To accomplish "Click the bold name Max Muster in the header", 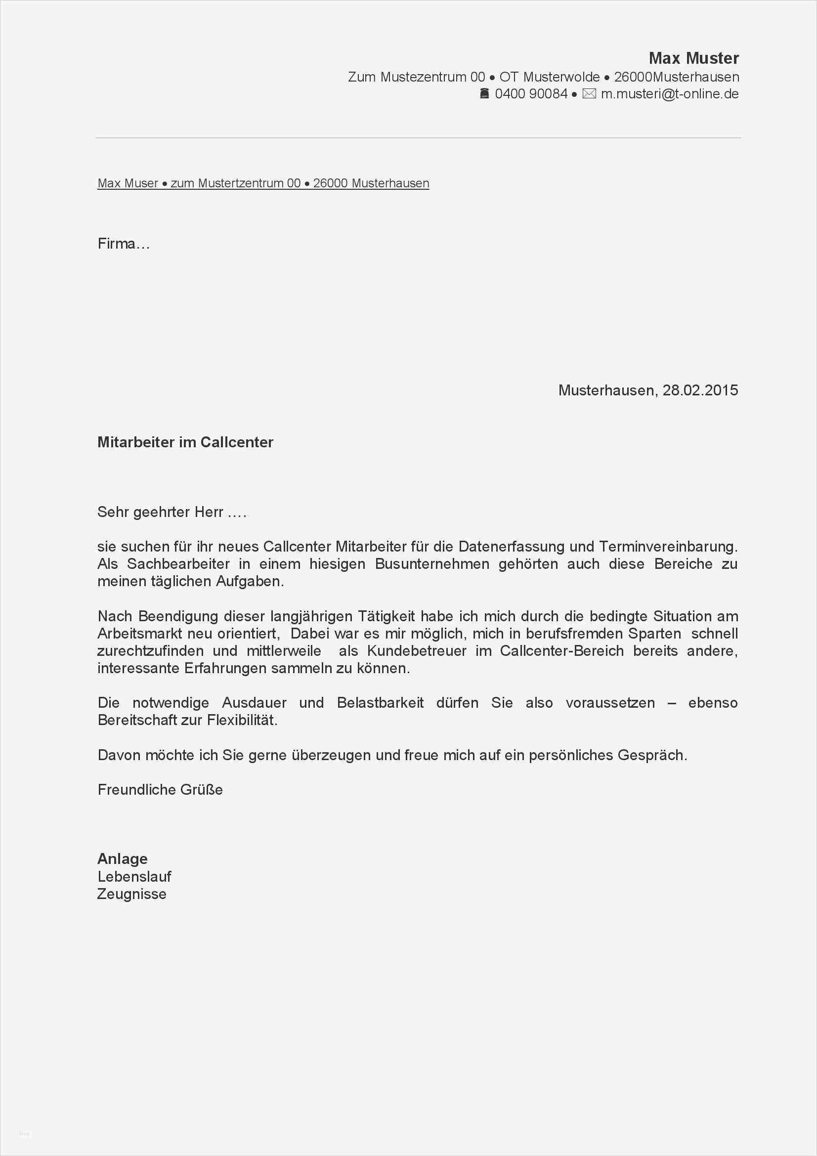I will pos(693,58).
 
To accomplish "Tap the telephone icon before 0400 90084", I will pos(484,93).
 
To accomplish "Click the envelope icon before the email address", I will pos(589,93).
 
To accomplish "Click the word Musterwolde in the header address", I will pos(561,77).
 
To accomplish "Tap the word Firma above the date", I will pos(117,244).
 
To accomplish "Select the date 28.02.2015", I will pos(700,390).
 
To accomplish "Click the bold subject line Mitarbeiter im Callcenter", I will pos(185,442).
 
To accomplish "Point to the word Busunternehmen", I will pos(432,564).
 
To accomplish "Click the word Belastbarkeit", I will pos(380,703).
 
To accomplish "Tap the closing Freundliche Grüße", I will pos(160,789).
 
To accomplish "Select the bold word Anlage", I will pos(122,858).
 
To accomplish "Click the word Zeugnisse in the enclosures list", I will pos(132,894).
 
